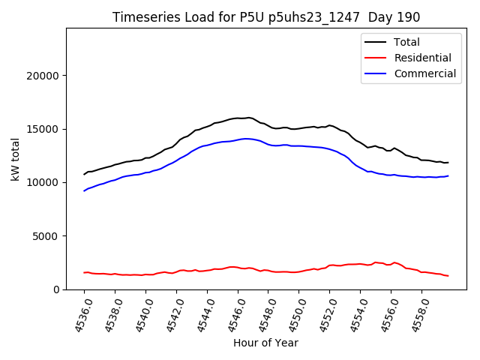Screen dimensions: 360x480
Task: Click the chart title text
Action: point(266,16)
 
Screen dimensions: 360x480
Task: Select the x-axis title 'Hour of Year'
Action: point(265,343)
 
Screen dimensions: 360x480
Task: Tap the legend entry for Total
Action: point(406,42)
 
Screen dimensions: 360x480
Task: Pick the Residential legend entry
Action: point(422,58)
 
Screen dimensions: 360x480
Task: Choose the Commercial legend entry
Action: point(424,73)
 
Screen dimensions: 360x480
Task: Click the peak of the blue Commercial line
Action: point(245,139)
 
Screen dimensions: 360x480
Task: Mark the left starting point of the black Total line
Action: point(84,174)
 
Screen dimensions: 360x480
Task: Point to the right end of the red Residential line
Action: point(448,276)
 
